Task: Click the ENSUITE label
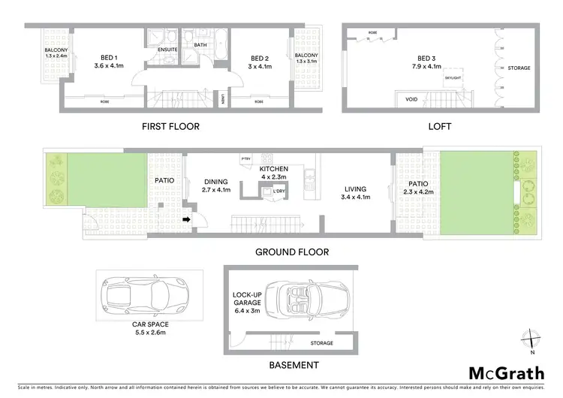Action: [167, 50]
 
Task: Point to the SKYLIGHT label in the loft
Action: [453, 77]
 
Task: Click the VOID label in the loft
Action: [411, 98]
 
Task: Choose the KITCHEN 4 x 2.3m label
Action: [273, 174]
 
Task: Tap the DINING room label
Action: [216, 185]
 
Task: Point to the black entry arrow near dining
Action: [186, 219]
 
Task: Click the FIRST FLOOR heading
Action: [170, 127]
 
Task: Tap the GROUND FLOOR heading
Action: [291, 252]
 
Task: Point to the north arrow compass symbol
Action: [531, 339]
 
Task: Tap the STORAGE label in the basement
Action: [323, 343]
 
